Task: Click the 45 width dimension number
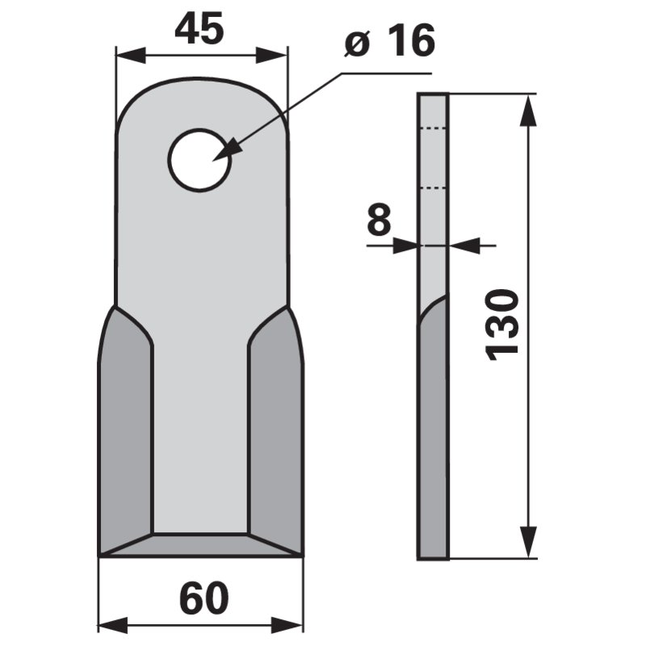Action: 199,31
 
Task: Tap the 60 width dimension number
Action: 203,599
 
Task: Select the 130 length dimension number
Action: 501,324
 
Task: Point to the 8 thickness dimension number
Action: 379,220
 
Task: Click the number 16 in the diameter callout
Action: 410,41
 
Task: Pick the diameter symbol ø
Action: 358,44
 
